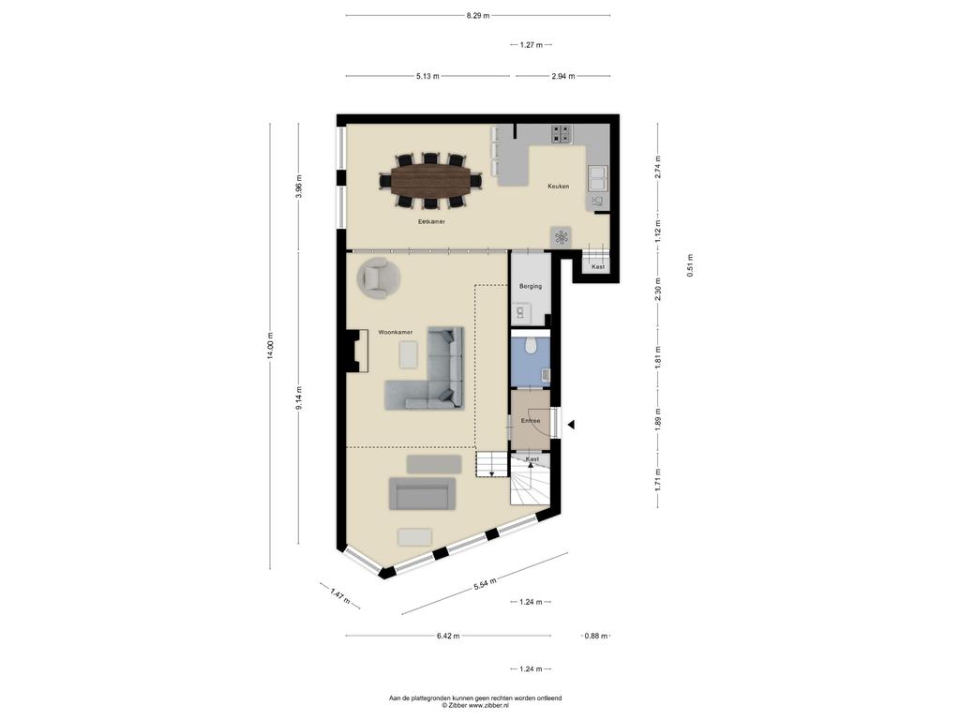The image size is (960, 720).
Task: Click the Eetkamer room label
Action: click(431, 221)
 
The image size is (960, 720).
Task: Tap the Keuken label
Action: click(558, 187)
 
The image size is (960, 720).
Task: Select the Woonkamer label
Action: click(395, 332)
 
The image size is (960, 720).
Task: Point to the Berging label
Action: click(531, 286)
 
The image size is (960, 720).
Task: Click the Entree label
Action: click(531, 421)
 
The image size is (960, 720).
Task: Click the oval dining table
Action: click(431, 181)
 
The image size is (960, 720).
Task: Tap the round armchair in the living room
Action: click(379, 277)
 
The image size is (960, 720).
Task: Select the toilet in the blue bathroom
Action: click(531, 346)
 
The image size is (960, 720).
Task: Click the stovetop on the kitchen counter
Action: click(562, 133)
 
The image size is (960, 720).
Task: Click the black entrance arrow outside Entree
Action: click(571, 425)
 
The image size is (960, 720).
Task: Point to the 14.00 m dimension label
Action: click(270, 347)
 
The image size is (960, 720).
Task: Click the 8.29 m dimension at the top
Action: click(477, 16)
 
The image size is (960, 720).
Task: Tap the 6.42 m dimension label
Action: click(448, 637)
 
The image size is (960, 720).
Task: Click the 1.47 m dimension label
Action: click(339, 595)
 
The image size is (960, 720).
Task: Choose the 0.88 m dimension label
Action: click(595, 637)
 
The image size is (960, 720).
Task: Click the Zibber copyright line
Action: click(475, 705)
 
